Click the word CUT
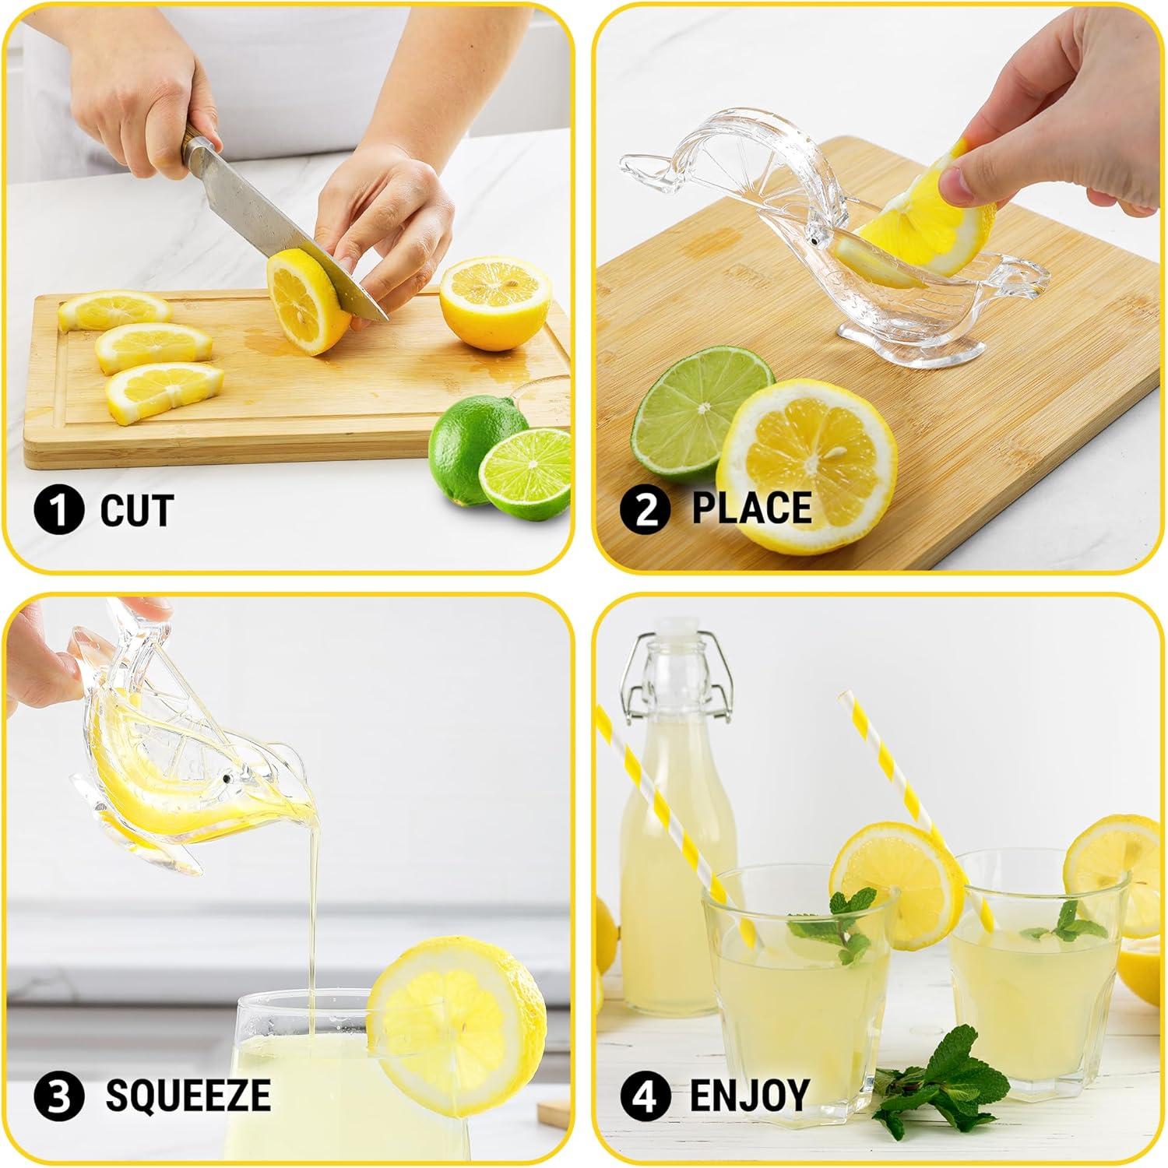click(x=136, y=510)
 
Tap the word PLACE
click(x=752, y=508)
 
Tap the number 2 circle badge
click(x=645, y=509)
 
